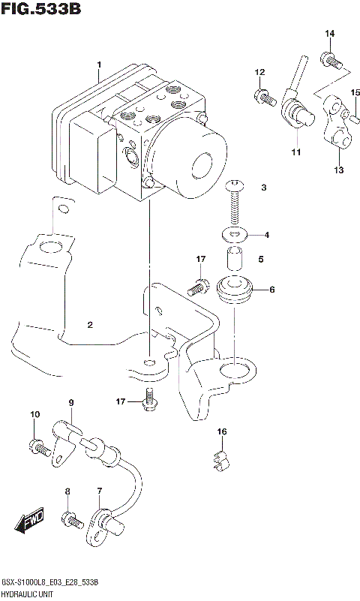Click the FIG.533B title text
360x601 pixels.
(x=40, y=10)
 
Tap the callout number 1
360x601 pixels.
(x=98, y=66)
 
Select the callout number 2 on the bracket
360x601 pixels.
(x=89, y=325)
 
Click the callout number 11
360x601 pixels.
(x=296, y=152)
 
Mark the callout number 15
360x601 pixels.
(x=355, y=92)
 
